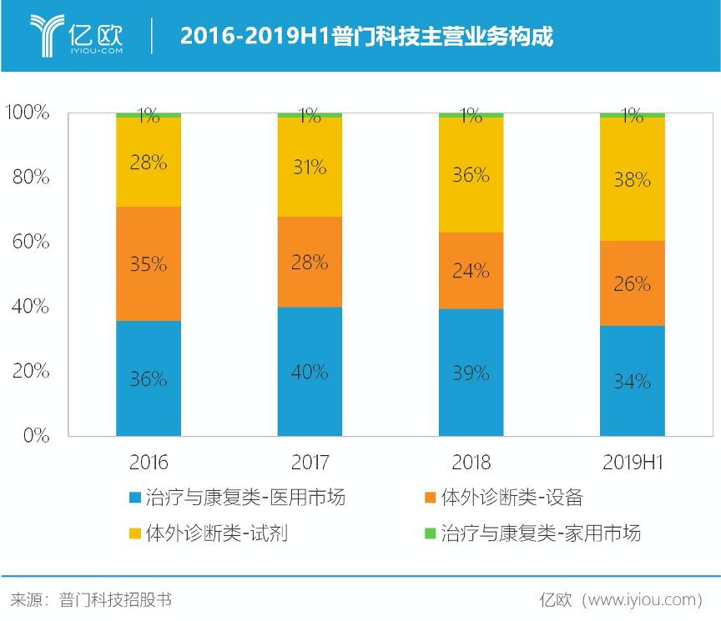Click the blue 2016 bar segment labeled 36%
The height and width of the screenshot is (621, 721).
(149, 378)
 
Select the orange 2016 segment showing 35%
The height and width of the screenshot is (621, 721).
(149, 263)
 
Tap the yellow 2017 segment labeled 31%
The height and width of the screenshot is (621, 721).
(310, 167)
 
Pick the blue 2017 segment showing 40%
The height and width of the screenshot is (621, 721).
(310, 372)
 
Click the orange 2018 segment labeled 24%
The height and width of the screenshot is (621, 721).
(471, 271)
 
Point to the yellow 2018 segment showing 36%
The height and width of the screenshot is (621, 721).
(471, 175)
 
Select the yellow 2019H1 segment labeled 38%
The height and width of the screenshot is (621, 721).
(632, 179)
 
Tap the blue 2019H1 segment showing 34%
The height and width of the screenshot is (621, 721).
(632, 381)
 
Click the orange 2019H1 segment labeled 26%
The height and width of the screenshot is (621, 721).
(632, 283)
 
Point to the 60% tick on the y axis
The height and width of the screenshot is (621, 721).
(30, 242)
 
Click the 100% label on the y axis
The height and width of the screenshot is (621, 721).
(28, 113)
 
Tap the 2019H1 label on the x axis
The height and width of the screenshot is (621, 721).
(632, 463)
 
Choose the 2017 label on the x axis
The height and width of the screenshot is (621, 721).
(310, 463)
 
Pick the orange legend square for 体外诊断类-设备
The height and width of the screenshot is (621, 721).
(430, 498)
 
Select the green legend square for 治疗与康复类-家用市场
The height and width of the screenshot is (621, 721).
(430, 533)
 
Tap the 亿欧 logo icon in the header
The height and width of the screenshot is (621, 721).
(48, 34)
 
